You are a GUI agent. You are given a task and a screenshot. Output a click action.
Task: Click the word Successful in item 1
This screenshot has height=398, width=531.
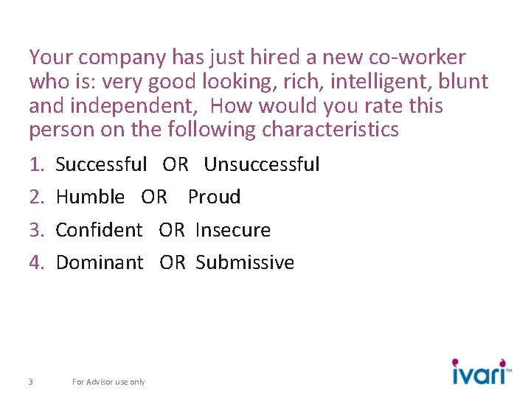(x=102, y=164)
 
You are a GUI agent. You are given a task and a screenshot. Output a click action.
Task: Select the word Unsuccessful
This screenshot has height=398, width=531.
(x=262, y=164)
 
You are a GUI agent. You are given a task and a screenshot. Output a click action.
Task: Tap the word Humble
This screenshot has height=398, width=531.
(x=90, y=197)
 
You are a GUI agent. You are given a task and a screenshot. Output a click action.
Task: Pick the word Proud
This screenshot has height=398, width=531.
(x=214, y=197)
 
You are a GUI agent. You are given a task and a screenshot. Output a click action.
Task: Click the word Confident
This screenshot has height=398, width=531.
(x=100, y=230)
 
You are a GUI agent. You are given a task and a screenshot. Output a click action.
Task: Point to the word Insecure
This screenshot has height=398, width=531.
(x=233, y=230)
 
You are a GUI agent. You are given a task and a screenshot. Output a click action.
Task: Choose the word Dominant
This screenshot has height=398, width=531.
(x=100, y=262)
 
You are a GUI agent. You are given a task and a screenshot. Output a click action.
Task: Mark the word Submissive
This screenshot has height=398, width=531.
(x=245, y=262)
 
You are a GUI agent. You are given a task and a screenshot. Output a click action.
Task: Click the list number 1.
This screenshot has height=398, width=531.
(x=37, y=164)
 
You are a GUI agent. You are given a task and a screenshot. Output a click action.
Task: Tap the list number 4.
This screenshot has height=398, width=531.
(x=37, y=262)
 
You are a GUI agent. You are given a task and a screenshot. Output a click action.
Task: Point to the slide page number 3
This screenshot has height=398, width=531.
(x=29, y=382)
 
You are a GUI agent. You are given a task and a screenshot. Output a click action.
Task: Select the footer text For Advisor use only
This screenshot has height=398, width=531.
(x=108, y=382)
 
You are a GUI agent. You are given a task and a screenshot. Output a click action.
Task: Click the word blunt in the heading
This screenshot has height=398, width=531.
(x=462, y=82)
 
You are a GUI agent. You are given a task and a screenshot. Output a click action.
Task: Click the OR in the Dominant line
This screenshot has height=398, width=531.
(x=173, y=262)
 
